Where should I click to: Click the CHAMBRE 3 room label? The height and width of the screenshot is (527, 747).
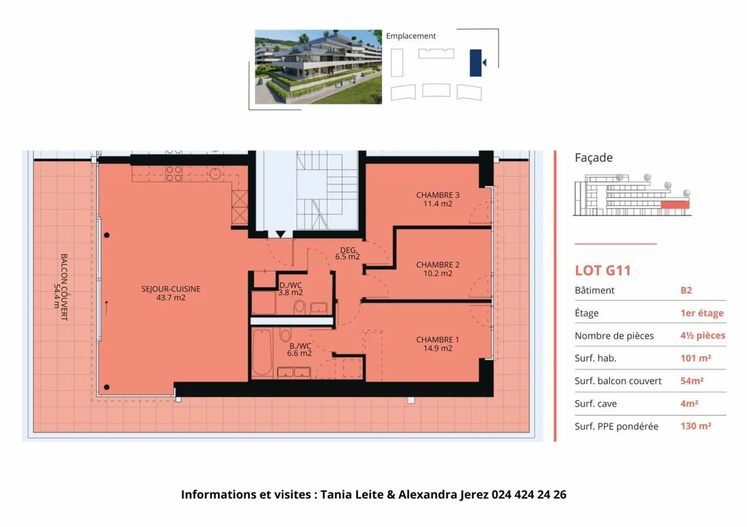(x=437, y=199)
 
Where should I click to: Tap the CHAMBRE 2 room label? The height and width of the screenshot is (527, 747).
(x=437, y=268)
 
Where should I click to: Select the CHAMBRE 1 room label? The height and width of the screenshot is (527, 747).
(x=437, y=344)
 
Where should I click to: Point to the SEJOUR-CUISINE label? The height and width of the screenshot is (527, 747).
(x=171, y=293)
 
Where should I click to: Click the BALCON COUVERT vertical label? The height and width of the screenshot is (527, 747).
(x=60, y=287)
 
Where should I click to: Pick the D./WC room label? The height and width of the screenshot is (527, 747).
(x=290, y=289)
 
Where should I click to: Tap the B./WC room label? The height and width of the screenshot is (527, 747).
(x=300, y=349)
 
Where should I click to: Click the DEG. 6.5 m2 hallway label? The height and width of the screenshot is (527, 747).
(x=348, y=253)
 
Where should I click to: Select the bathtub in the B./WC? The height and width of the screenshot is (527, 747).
(x=262, y=352)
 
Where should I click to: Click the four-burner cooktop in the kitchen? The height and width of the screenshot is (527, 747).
(x=174, y=174)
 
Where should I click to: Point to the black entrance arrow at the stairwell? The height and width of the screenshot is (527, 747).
(x=280, y=234)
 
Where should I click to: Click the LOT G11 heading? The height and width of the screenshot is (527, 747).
(x=602, y=270)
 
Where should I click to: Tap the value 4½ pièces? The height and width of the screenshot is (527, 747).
(x=702, y=335)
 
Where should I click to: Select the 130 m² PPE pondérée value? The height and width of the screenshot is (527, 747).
(x=696, y=426)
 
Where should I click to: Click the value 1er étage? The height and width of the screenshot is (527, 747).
(x=701, y=313)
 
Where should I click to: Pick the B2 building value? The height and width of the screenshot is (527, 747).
(x=686, y=290)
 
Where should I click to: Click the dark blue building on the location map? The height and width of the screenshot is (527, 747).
(x=475, y=63)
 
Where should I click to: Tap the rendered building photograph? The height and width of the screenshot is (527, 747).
(x=318, y=67)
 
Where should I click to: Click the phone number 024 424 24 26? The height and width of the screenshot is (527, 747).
(x=529, y=494)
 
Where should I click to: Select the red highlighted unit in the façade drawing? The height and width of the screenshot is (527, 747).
(x=675, y=205)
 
